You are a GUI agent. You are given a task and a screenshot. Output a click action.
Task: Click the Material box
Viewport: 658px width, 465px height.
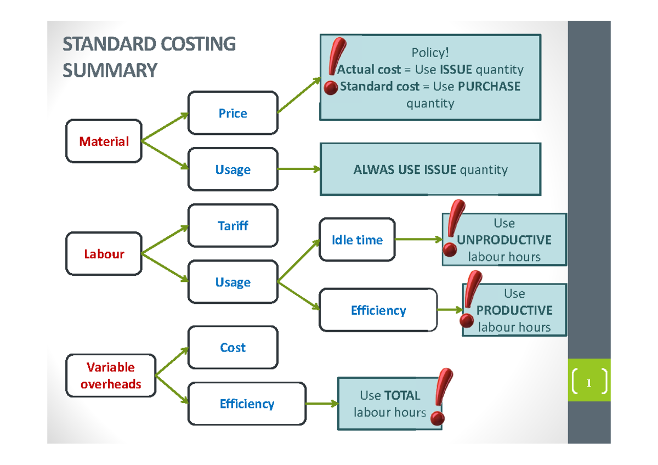click(104, 141)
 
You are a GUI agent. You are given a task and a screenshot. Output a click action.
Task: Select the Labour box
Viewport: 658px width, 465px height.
click(104, 254)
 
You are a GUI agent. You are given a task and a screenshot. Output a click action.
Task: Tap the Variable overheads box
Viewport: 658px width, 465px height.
click(111, 376)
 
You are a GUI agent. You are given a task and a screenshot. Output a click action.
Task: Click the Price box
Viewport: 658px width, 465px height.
click(232, 113)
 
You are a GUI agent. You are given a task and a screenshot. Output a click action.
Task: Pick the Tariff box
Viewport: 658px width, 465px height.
click(232, 225)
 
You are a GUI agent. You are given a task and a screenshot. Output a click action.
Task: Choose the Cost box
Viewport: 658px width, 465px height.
click(232, 348)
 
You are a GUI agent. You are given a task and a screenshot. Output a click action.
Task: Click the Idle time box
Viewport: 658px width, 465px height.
click(357, 240)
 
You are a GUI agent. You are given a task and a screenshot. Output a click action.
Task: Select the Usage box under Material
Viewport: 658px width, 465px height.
click(232, 169)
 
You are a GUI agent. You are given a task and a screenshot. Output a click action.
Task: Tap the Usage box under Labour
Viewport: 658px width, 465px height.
click(232, 282)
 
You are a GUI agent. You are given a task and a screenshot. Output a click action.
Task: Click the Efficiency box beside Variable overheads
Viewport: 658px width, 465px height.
click(247, 404)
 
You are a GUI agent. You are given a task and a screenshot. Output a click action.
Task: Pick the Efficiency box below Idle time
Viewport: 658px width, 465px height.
click(378, 310)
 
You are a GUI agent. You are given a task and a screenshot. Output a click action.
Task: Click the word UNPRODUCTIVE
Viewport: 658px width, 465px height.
click(504, 240)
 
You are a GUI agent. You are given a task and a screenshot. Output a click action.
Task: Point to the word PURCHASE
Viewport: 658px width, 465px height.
click(489, 87)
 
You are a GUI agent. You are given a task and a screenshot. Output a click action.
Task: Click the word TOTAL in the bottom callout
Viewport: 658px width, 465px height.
click(402, 395)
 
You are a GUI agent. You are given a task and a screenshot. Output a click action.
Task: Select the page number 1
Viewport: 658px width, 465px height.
click(589, 383)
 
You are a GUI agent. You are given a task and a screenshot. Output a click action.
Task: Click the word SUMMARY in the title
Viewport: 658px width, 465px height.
click(110, 71)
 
